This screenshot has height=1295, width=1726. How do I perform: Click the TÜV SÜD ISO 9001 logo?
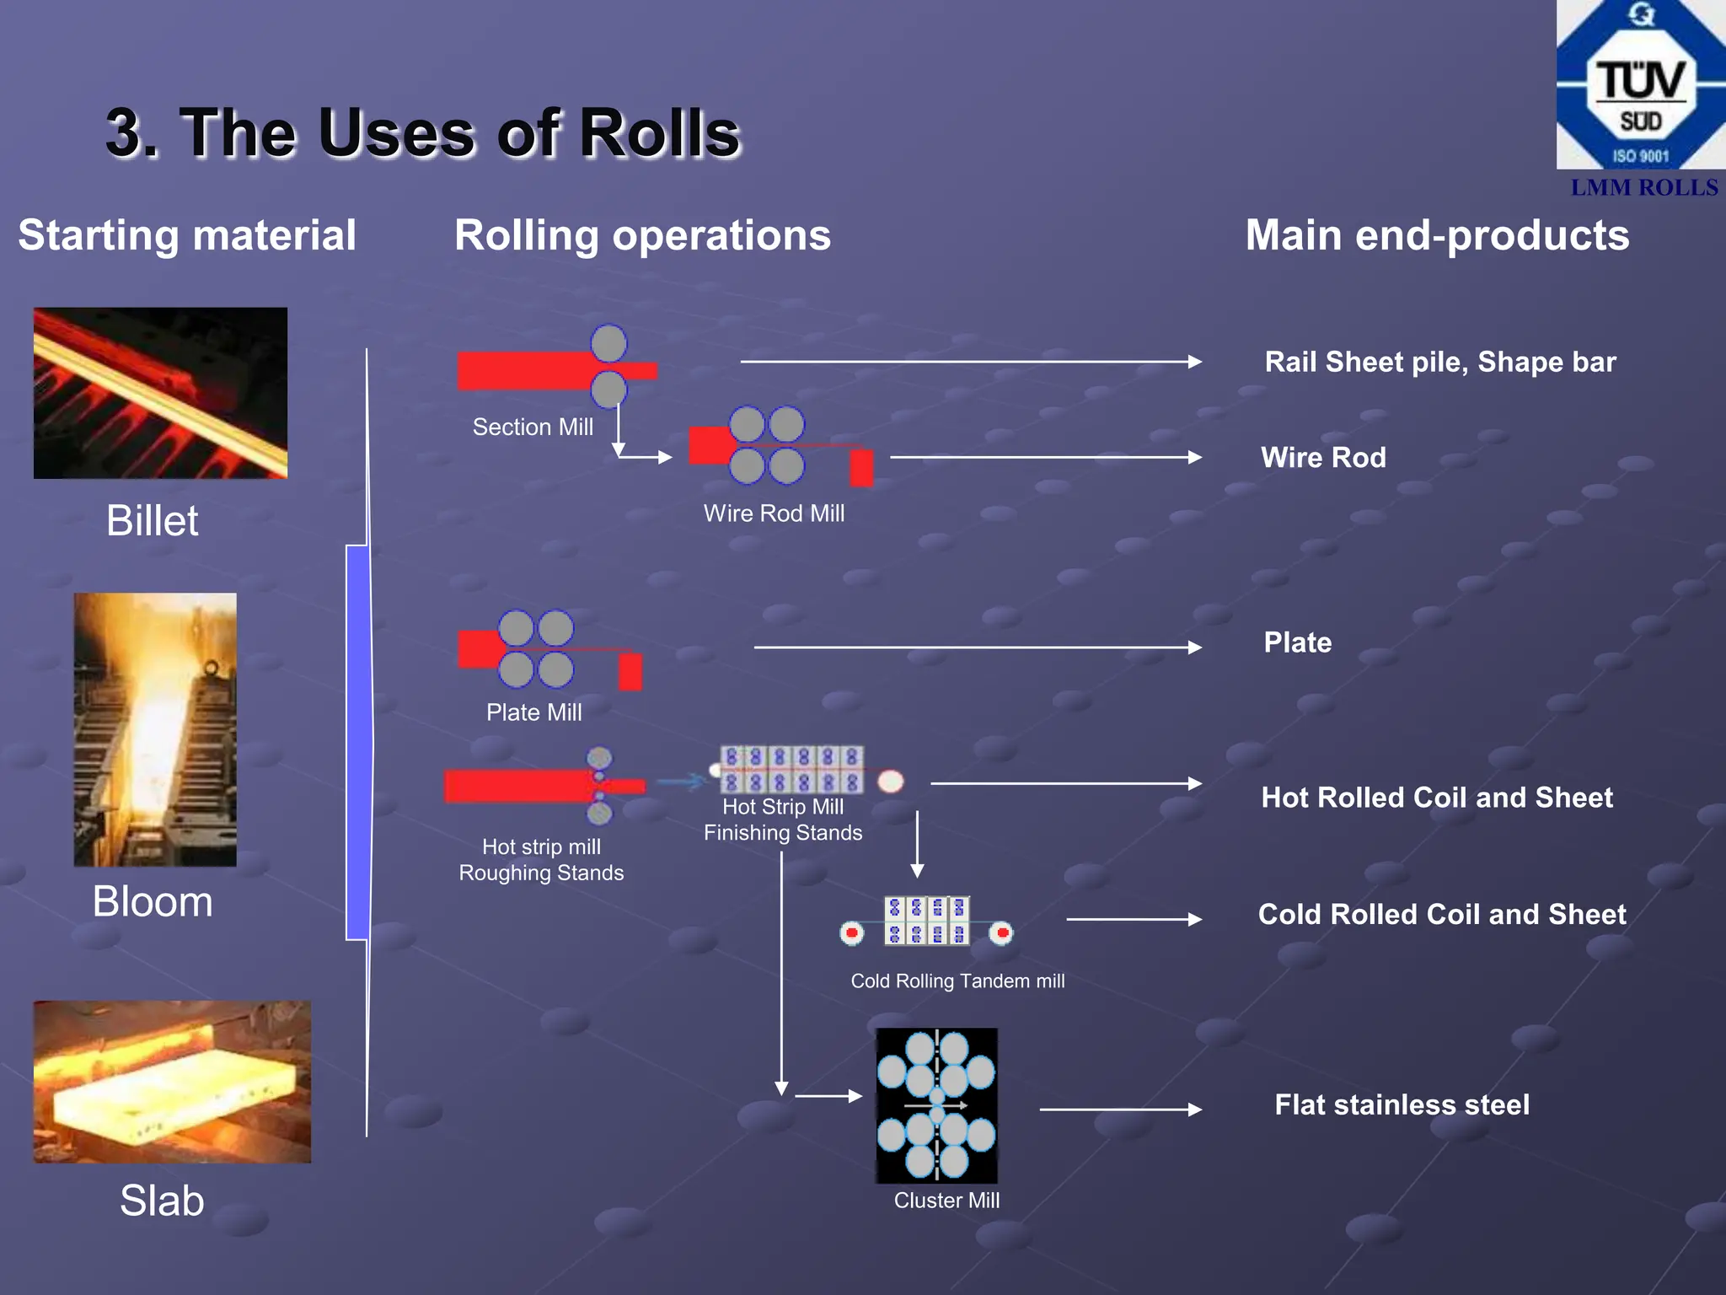(1640, 84)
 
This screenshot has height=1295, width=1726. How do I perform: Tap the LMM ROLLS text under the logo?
(1643, 187)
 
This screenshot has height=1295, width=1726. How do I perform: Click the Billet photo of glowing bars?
(160, 393)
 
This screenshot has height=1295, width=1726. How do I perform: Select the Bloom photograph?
(155, 729)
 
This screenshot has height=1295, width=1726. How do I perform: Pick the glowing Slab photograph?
(172, 1082)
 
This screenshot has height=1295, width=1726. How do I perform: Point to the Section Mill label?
(533, 427)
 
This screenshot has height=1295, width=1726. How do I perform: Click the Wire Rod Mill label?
(774, 513)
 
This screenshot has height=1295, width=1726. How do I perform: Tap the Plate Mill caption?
(533, 712)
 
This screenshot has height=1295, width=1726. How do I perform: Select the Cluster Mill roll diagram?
(936, 1105)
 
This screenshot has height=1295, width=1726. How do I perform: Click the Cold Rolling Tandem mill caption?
(957, 981)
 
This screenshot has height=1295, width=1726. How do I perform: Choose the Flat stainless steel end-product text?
(1402, 1104)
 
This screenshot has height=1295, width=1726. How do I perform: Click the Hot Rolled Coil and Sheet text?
(1437, 798)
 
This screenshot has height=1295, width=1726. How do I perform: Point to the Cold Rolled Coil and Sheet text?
(1442, 915)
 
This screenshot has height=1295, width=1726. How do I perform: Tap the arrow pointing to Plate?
(978, 647)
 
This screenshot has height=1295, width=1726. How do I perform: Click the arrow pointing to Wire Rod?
(1045, 457)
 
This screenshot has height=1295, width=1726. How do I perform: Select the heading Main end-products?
(1437, 235)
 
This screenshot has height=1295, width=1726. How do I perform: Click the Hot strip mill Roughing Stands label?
(541, 860)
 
